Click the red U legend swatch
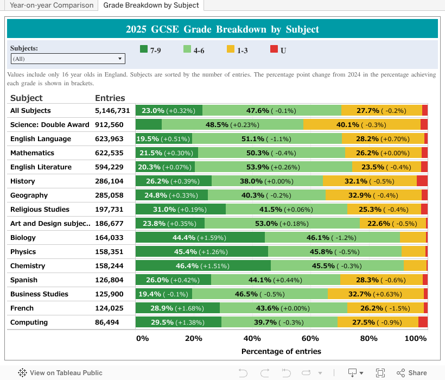274,49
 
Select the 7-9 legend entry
150,50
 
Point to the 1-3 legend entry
237,50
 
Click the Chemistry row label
28,266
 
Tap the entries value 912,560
109,125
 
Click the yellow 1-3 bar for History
370,181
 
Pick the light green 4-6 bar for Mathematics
270,153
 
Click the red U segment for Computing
423,322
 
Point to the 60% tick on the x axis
310,339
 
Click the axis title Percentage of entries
281,351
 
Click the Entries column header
110,98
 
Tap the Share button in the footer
412,373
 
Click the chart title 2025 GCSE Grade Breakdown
223,29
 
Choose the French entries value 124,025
109,308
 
